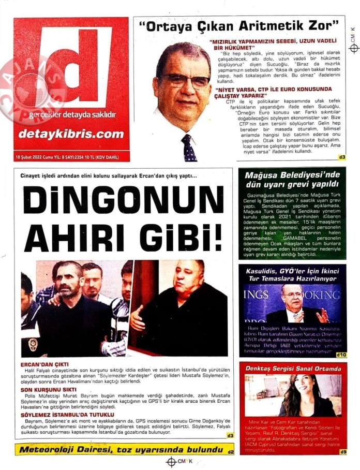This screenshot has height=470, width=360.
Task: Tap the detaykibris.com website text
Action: click(71, 134)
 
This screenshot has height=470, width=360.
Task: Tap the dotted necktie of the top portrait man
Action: click(189, 149)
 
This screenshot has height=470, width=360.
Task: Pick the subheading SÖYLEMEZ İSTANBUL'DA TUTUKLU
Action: click(67, 415)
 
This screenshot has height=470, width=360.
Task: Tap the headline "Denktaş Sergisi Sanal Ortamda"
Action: click(293, 369)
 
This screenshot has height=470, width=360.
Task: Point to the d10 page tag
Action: click(341, 355)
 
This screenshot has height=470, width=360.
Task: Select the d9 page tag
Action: click(342, 452)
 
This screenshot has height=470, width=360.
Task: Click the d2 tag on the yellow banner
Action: click(230, 452)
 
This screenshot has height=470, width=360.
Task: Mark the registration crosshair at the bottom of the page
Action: click(171, 462)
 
